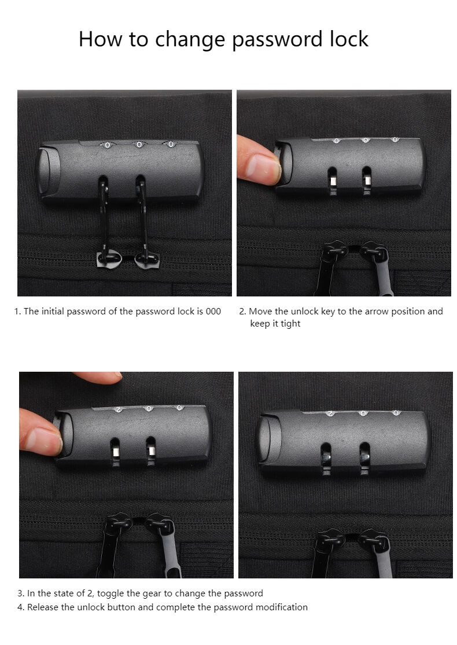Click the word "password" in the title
tap(277, 40)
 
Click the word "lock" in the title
tap(349, 39)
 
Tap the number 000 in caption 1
tap(213, 311)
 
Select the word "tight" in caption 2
tap(290, 324)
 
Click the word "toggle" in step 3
tap(110, 593)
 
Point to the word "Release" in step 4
tap(42, 607)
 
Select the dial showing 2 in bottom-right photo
tap(329, 413)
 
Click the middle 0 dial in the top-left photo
tap(139, 144)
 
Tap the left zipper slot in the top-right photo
tap(333, 181)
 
